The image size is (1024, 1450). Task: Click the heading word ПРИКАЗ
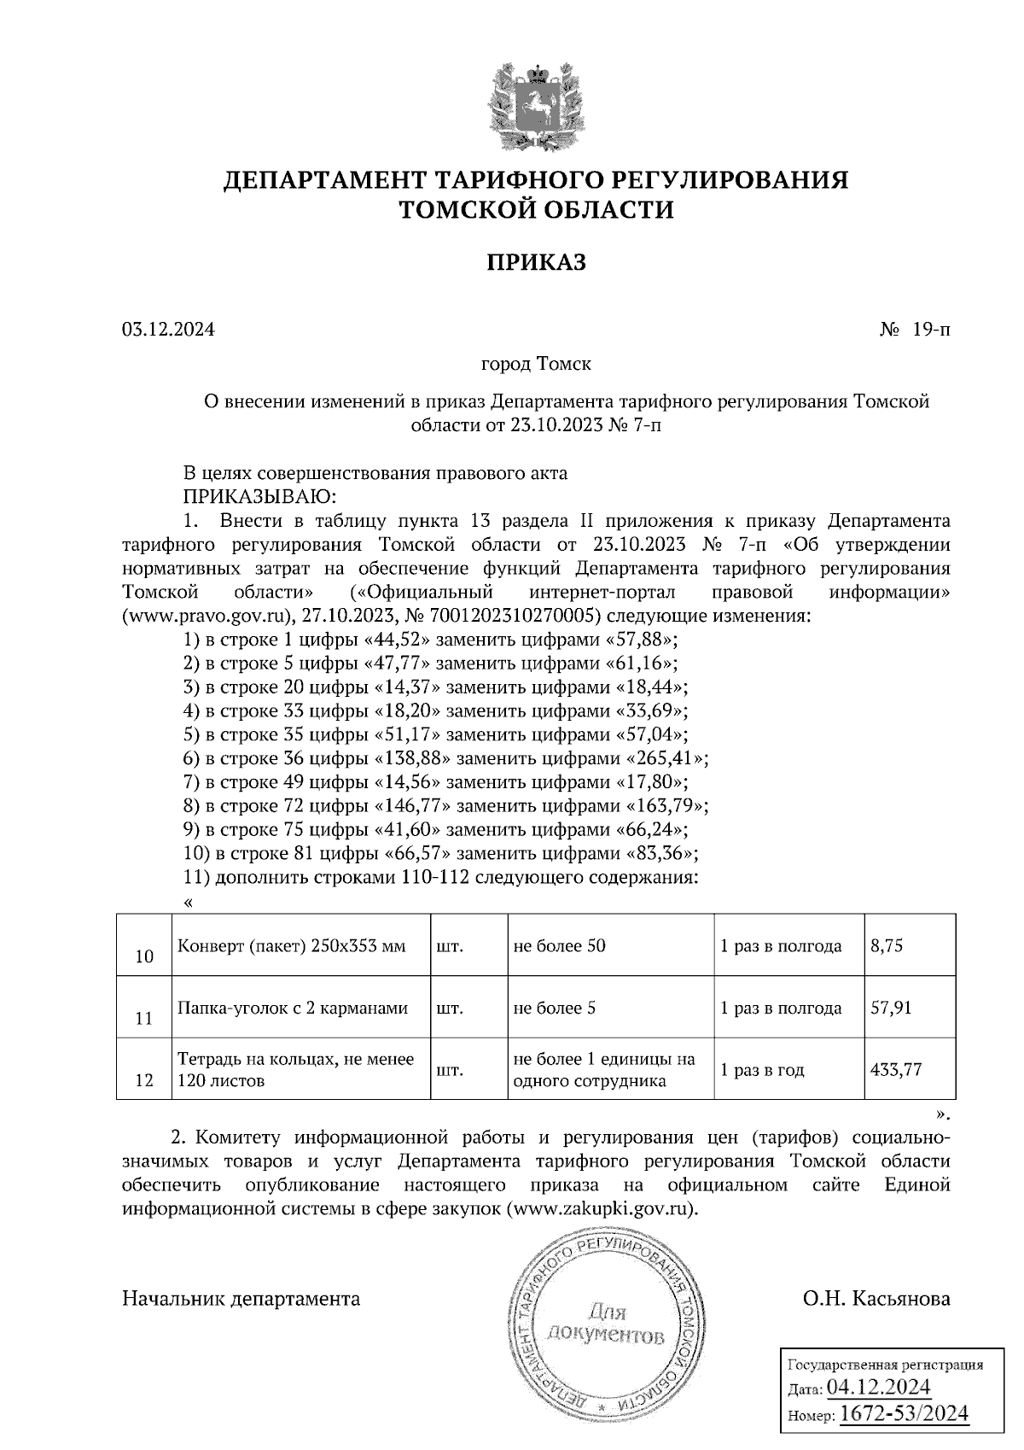click(536, 262)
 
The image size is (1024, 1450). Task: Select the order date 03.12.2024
click(168, 329)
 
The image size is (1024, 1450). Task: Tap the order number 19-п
click(930, 329)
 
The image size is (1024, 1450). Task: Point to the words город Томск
click(536, 365)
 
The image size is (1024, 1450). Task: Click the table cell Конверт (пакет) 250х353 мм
click(291, 946)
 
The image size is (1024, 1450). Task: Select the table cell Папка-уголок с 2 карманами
click(292, 1008)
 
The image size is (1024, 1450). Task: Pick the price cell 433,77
click(895, 1069)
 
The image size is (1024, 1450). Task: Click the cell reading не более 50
click(559, 946)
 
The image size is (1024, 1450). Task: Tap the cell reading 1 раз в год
click(762, 1069)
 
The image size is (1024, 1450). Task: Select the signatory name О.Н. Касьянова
click(876, 1299)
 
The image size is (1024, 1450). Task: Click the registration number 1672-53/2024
click(905, 1413)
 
